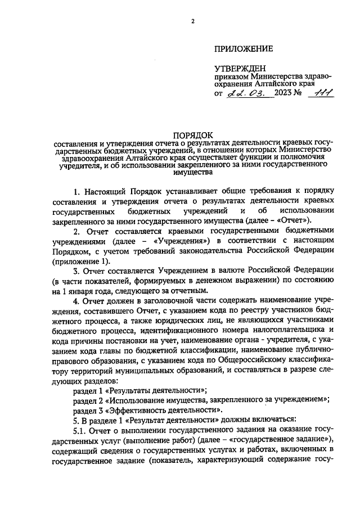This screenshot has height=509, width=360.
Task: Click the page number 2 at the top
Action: pos(192,22)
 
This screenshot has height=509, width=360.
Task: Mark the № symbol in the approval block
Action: pos(304,93)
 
